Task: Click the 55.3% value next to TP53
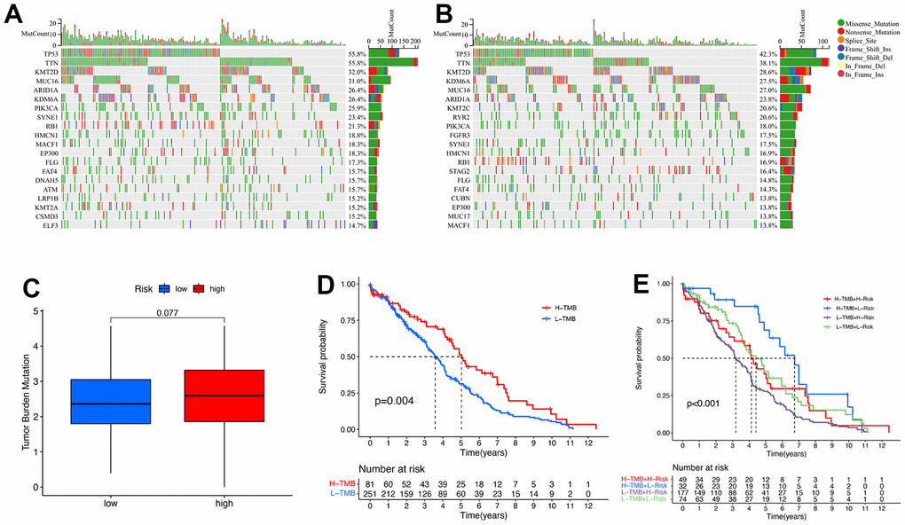click(356, 55)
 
